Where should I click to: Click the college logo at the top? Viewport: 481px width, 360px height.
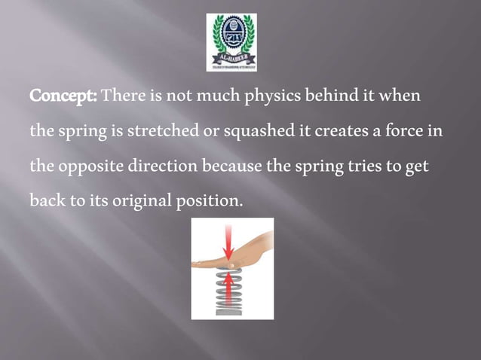pyautogui.click(x=231, y=42)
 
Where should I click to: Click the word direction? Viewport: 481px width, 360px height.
pyautogui.click(x=159, y=166)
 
